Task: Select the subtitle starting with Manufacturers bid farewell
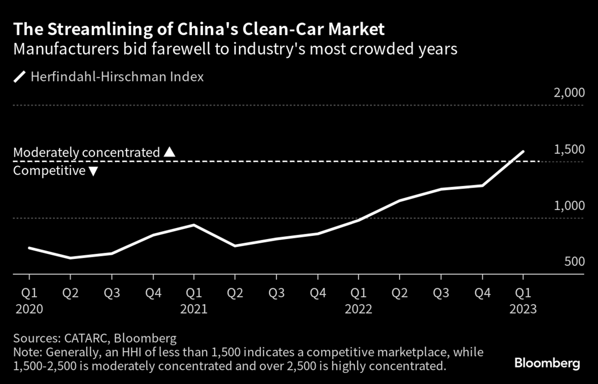[x=236, y=50]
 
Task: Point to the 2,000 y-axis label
[x=569, y=94]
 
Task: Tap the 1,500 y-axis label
[x=569, y=150]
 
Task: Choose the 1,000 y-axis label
[x=569, y=206]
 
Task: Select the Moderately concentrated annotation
[x=87, y=152]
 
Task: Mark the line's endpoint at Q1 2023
[x=523, y=151]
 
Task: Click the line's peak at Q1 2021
[x=194, y=225]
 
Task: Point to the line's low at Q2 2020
[x=70, y=258]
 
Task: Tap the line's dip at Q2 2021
[x=235, y=246]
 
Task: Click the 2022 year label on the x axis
[x=358, y=309]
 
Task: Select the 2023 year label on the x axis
[x=523, y=309]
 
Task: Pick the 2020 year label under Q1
[x=29, y=309]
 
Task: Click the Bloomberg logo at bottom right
[x=547, y=363]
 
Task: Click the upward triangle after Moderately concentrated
[x=169, y=152]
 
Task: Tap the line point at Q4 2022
[x=482, y=185]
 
